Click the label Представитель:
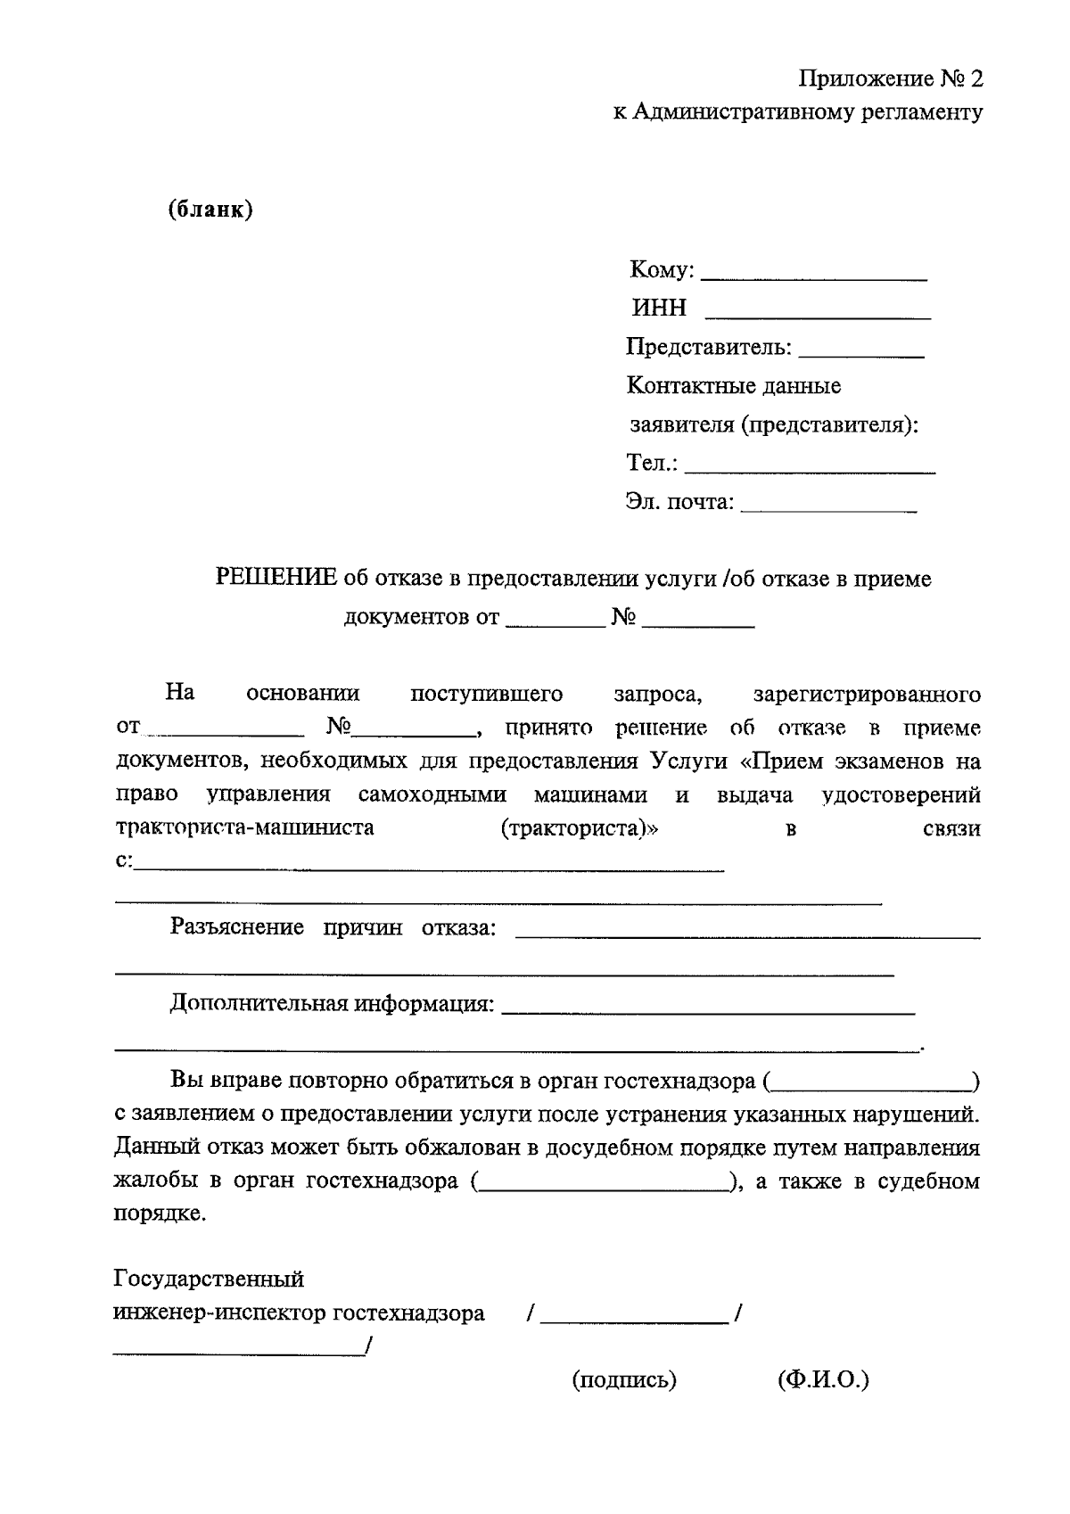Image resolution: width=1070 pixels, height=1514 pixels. (x=709, y=347)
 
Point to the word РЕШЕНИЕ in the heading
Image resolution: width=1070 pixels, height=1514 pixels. (x=276, y=579)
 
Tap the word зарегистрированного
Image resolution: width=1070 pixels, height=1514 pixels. (x=867, y=694)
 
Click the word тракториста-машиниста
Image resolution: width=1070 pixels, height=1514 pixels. (x=245, y=827)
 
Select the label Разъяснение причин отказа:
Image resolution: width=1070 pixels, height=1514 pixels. (x=333, y=927)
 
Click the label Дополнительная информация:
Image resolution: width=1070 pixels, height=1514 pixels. (x=332, y=1004)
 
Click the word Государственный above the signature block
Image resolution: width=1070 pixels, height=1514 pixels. (x=210, y=1279)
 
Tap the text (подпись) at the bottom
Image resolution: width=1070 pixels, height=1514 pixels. (x=624, y=1380)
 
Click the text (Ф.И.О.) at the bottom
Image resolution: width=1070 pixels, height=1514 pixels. (x=823, y=1380)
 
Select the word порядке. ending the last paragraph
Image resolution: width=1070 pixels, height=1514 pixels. (x=160, y=1214)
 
